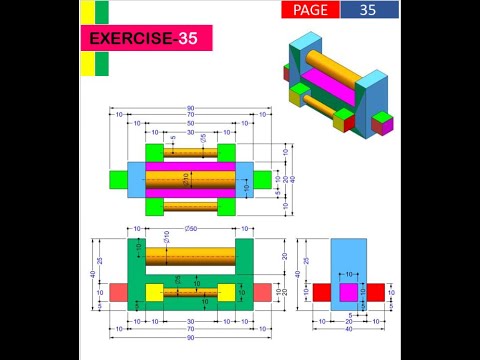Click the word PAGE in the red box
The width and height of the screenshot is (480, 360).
(309, 10)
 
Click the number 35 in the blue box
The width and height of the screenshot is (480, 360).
(368, 10)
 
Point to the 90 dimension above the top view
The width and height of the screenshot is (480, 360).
(190, 108)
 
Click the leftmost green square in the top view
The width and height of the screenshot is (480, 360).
(118, 178)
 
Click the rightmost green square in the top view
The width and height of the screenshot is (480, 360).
(262, 178)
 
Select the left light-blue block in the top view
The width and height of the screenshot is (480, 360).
(137, 178)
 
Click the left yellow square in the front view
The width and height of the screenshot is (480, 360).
(154, 292)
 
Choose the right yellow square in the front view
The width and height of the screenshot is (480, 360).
(226, 292)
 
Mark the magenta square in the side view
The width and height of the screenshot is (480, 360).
(349, 292)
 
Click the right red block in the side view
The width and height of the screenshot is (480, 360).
(376, 292)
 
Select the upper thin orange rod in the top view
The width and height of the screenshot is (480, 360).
(190, 152)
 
